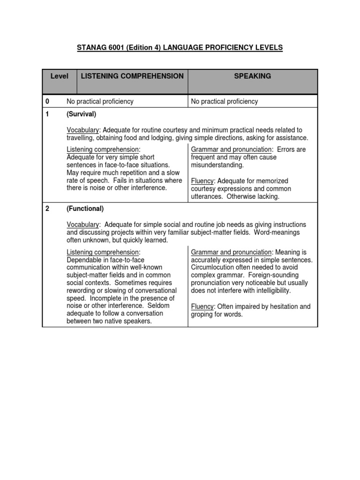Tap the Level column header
pos(59,76)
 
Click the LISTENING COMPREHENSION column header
pos(132,76)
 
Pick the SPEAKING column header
pos(252,76)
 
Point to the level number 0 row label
pos(47,101)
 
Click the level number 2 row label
pos(47,209)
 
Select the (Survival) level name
pos(81,114)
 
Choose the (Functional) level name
pos(85,209)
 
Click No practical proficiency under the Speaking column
pos(224,101)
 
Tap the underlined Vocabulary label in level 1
pos(83,130)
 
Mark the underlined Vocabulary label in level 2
pos(83,225)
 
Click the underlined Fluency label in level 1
pos(202,181)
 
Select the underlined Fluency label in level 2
pos(202,307)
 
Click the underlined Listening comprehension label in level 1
pos(103,150)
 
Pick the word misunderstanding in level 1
pos(217,165)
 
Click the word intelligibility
pos(271,291)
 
